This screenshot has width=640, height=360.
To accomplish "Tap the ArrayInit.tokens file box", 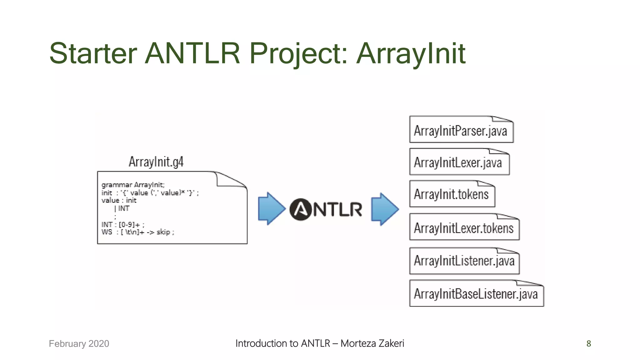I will (x=452, y=194).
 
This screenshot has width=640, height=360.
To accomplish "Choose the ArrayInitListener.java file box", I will (x=464, y=261).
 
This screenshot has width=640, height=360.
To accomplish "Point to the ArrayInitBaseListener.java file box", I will (x=476, y=294).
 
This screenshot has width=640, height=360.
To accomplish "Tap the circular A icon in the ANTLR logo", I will (x=300, y=209).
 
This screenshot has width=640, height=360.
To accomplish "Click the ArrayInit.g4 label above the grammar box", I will (x=156, y=162).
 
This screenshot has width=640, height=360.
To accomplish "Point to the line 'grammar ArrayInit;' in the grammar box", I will (x=133, y=185).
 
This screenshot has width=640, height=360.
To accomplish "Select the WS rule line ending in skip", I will (x=138, y=232).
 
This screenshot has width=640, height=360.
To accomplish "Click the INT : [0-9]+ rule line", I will (x=123, y=224).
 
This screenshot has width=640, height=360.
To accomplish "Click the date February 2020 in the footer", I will (x=79, y=343).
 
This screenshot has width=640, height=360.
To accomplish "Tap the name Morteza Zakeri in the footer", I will (x=372, y=343).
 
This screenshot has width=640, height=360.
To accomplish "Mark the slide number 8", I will (x=588, y=343).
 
